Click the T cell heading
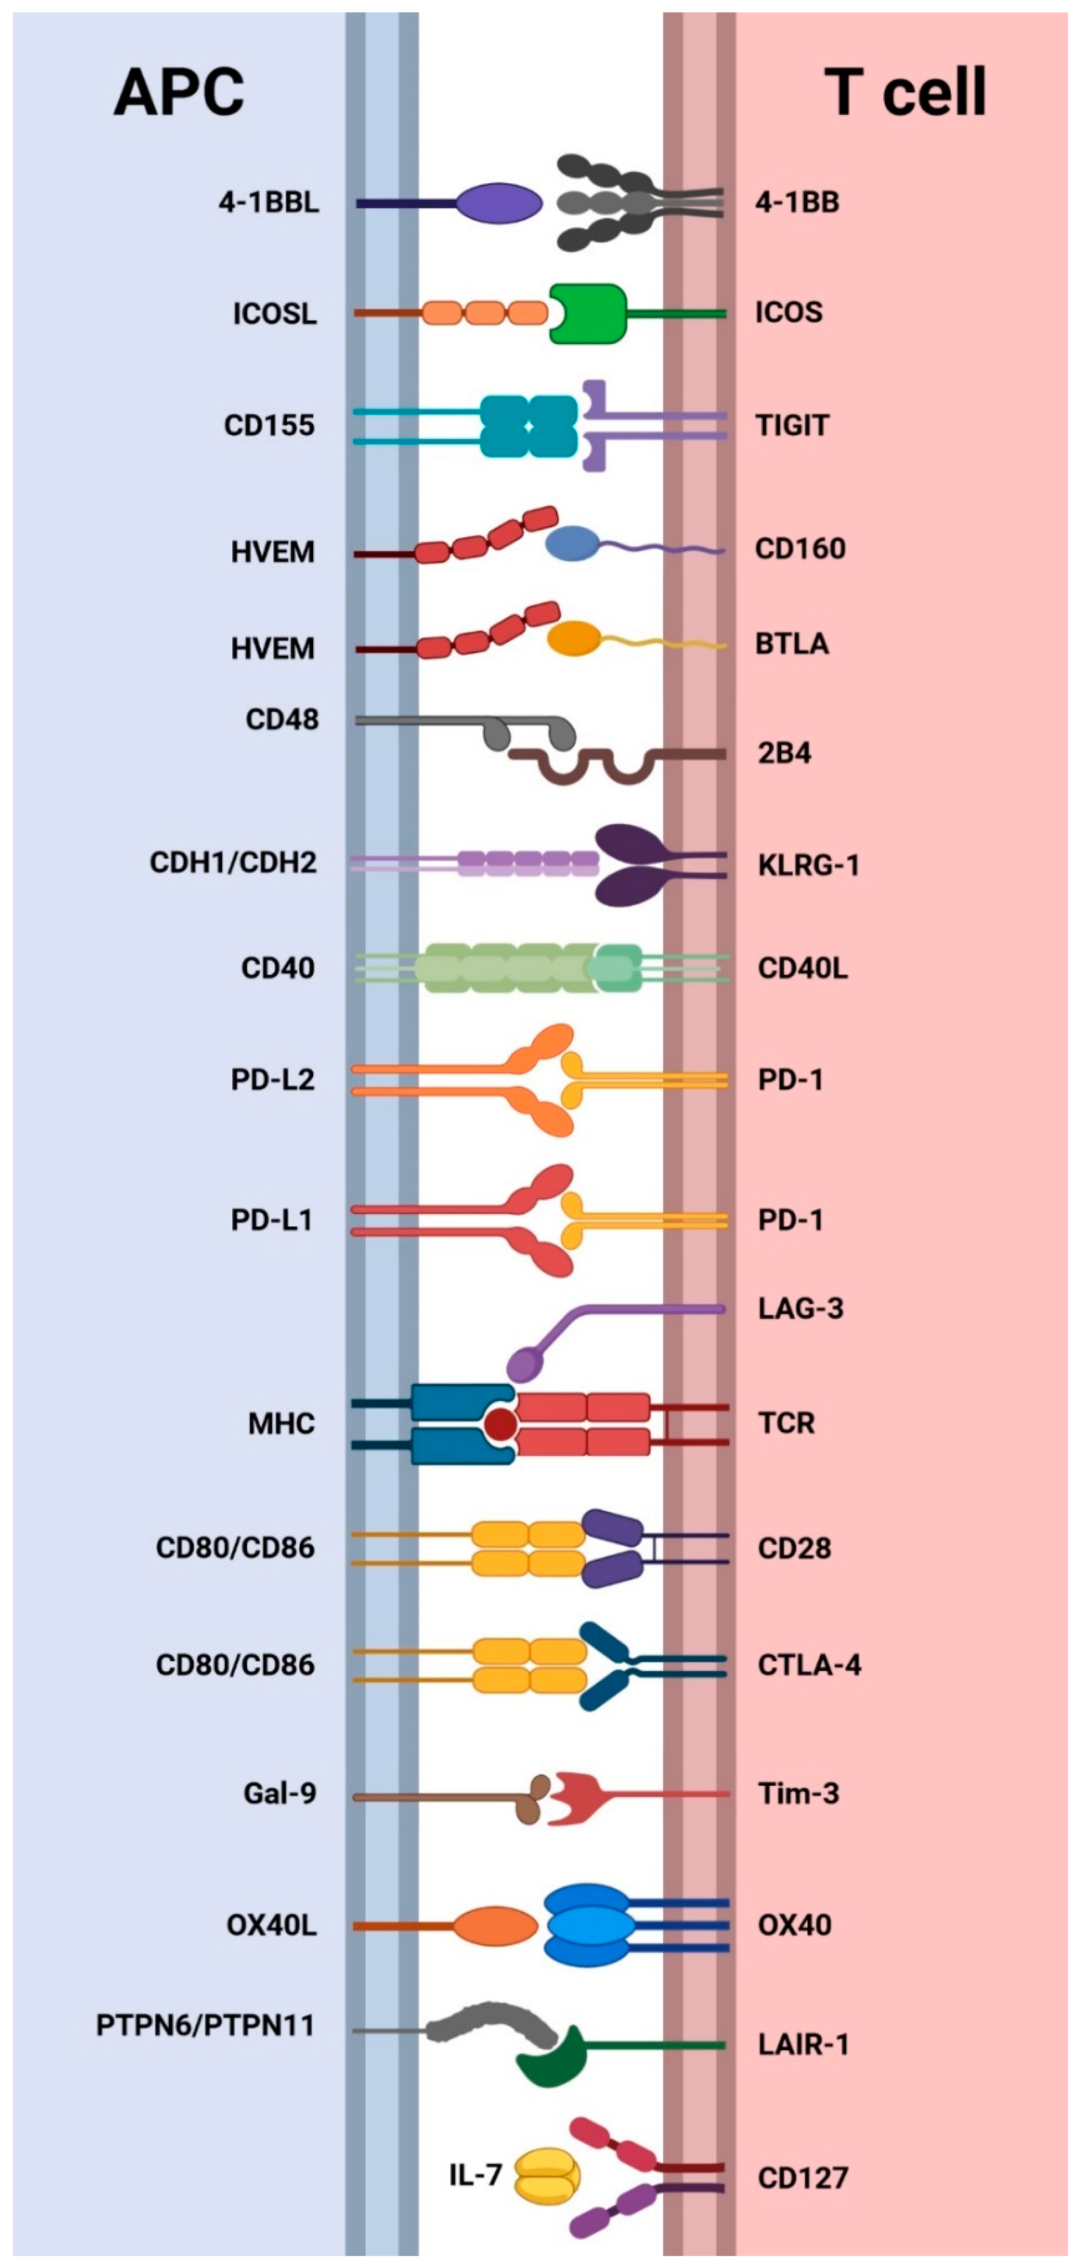(x=904, y=92)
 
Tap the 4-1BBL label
(x=268, y=203)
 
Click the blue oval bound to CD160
(x=572, y=544)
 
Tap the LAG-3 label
(x=800, y=1309)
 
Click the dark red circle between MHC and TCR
(x=501, y=1424)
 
